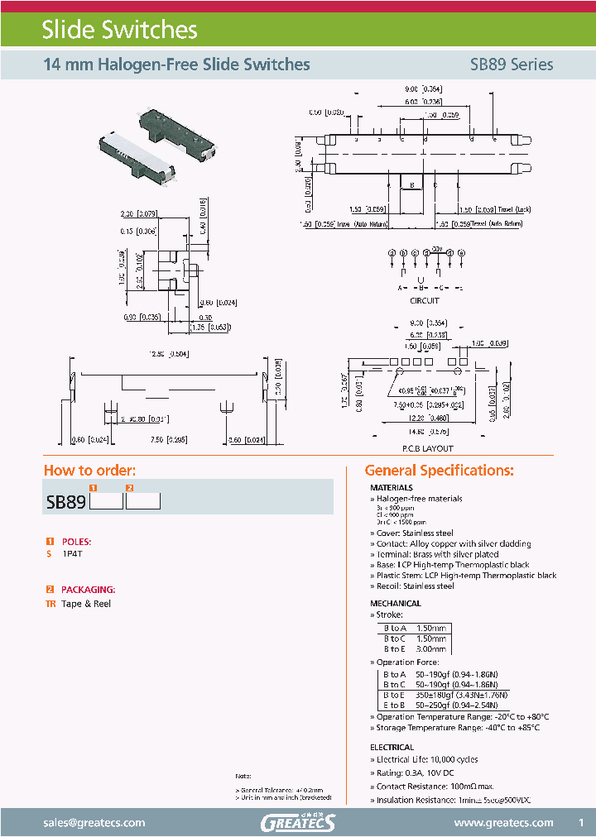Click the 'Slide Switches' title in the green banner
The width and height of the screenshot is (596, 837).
click(x=120, y=31)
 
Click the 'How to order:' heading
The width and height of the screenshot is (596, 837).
click(x=89, y=471)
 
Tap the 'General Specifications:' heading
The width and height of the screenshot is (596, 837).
click(x=440, y=471)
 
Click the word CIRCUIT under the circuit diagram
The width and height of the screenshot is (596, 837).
click(x=425, y=301)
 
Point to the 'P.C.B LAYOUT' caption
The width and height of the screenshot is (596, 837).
click(x=427, y=448)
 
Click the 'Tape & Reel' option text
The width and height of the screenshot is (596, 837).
click(x=86, y=604)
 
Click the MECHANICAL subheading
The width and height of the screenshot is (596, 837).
click(x=396, y=604)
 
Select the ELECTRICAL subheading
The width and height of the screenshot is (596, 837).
click(x=392, y=748)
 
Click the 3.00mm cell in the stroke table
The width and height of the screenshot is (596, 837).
click(x=430, y=650)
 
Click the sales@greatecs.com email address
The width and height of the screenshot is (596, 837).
click(x=94, y=822)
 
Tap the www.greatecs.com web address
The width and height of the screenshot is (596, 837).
click(x=504, y=822)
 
